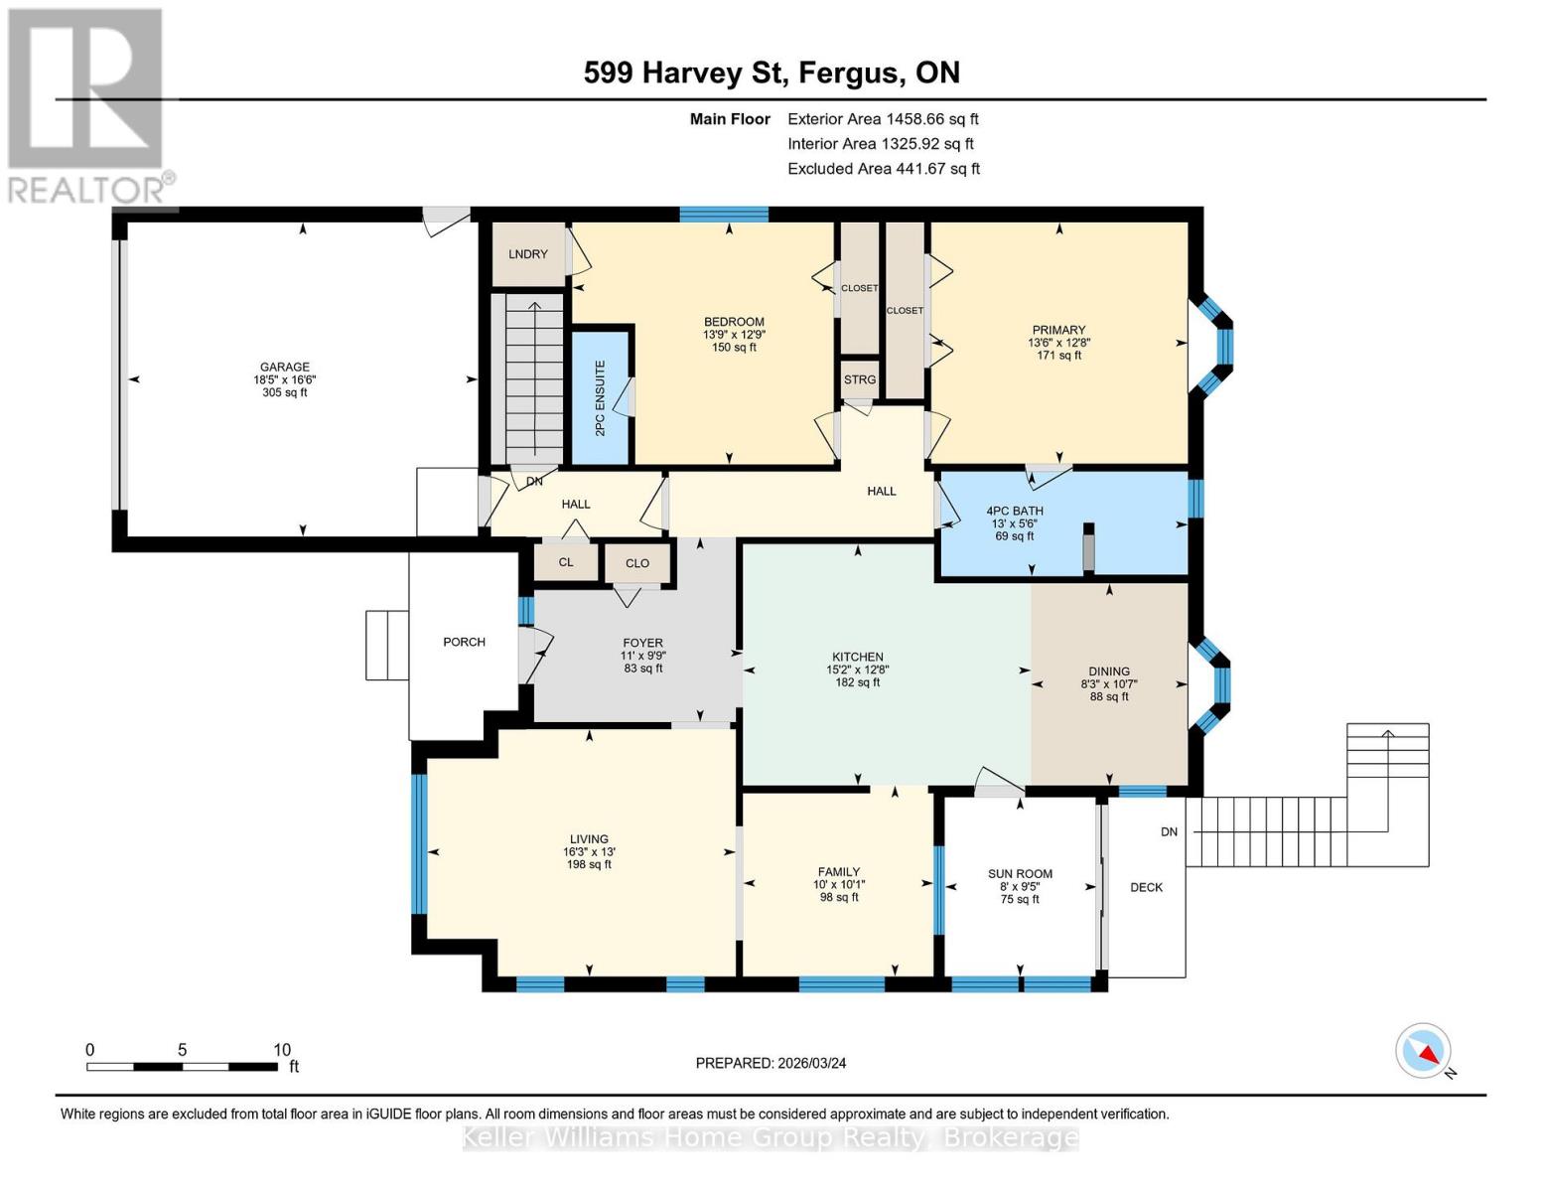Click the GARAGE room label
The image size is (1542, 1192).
[x=285, y=368]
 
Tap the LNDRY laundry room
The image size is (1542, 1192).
[x=527, y=254]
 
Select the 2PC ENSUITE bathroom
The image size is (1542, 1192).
[x=600, y=398]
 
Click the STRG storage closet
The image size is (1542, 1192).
[x=860, y=379]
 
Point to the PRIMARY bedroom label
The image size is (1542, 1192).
[x=1058, y=330]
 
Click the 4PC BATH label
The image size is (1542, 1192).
[x=1014, y=511]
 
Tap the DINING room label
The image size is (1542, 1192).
[x=1109, y=671]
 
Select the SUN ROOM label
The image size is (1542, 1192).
[x=1020, y=874]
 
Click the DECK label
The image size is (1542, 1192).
[x=1146, y=887]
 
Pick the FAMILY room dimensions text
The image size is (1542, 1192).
[x=839, y=885]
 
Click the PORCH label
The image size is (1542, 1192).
[x=464, y=642]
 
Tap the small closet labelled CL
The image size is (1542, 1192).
[x=566, y=562]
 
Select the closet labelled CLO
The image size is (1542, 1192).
[x=637, y=563]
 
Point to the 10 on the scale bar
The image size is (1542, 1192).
[x=282, y=1050]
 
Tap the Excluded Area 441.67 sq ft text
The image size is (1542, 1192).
[x=884, y=169]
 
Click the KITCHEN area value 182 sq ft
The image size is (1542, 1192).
[x=858, y=682]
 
